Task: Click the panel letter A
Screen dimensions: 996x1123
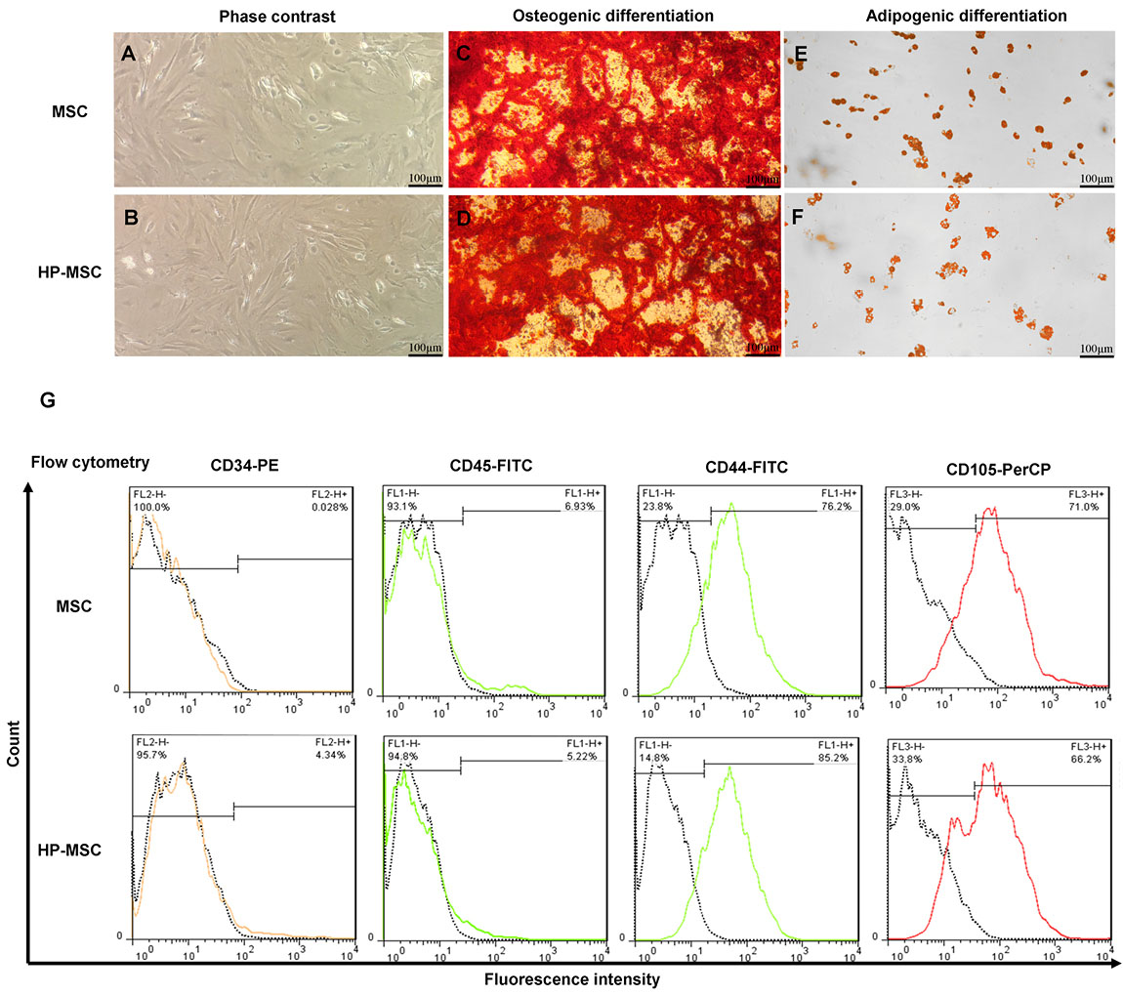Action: [x=127, y=56]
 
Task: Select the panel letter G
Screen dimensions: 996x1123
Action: [x=48, y=400]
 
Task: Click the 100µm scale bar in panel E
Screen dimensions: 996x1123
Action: [x=1097, y=185]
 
